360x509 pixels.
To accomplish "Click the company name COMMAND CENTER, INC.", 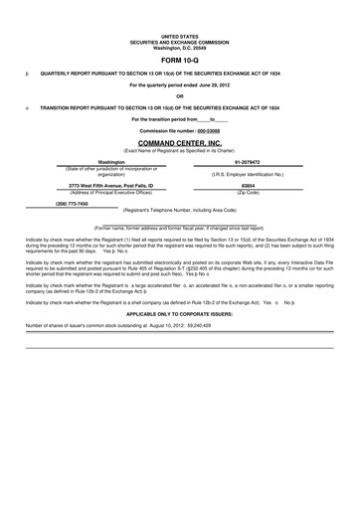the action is [179, 143].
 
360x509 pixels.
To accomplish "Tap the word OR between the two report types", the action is [180, 95].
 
